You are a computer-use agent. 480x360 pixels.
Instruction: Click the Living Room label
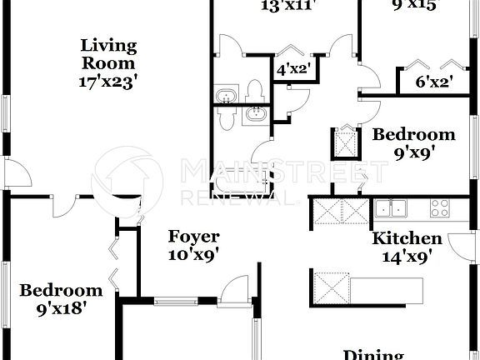108,53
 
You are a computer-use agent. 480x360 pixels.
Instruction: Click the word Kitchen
406,238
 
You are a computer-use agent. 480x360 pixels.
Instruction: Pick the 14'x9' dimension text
406,257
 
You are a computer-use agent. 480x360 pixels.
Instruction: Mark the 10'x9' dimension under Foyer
192,255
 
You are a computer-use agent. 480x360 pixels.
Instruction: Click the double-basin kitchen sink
389,208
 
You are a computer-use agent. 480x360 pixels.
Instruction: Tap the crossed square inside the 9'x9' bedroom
343,142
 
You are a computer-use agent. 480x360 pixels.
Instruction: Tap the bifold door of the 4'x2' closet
291,47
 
